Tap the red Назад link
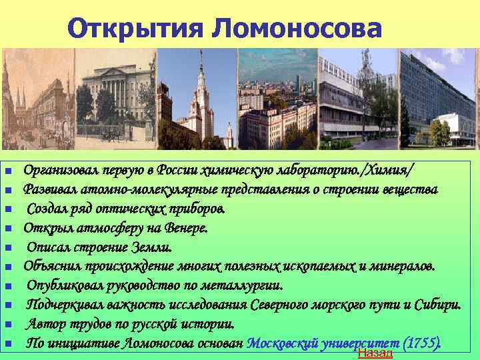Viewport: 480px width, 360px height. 375,353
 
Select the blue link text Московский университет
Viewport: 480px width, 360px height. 323,344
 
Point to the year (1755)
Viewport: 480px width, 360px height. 422,344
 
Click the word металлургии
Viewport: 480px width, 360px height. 246,286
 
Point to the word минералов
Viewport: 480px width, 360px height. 402,267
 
